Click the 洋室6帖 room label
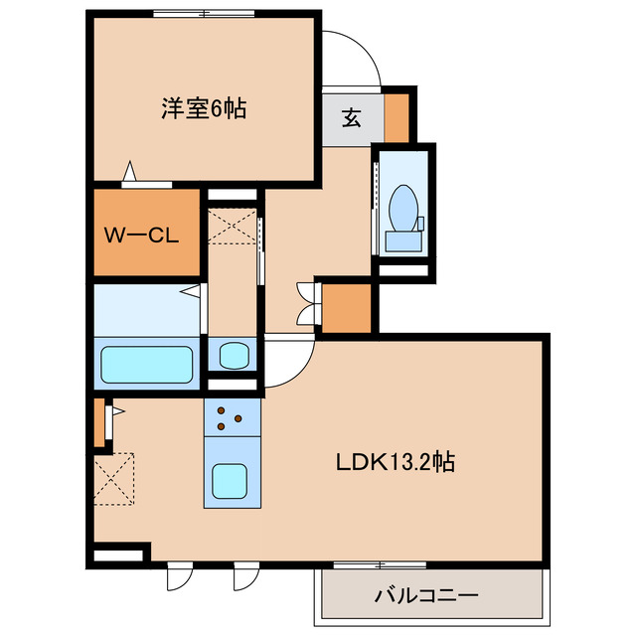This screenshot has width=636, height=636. [204, 108]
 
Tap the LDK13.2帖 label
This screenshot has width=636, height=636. [396, 461]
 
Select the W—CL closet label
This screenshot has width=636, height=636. [141, 235]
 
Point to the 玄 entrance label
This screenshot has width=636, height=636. [352, 117]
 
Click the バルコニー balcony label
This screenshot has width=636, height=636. [426, 595]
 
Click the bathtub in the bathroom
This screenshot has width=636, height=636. [146, 365]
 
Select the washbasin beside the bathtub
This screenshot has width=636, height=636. [234, 356]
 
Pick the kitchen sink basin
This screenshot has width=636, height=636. [230, 481]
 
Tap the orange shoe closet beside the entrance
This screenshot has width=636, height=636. [397, 117]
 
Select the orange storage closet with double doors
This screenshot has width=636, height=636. [347, 308]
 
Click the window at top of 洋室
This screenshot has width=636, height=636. [204, 13]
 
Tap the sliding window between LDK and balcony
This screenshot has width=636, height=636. [380, 565]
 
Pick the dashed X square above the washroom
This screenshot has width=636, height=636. [232, 227]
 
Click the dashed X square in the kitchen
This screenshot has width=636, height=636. [114, 479]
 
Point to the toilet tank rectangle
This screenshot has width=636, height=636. [403, 241]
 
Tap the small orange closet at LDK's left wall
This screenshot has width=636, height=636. [99, 422]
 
